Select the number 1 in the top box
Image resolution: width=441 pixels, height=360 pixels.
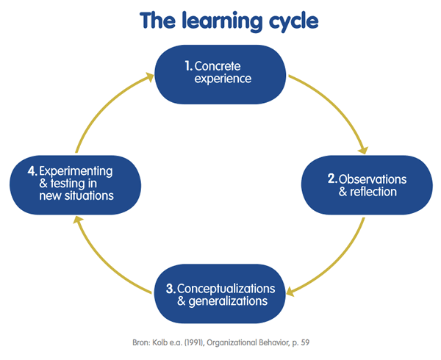click(187, 66)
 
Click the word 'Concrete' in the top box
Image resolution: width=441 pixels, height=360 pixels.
click(218, 66)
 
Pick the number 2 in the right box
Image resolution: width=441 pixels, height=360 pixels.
click(332, 179)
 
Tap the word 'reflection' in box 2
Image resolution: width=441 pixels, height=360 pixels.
click(373, 192)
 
